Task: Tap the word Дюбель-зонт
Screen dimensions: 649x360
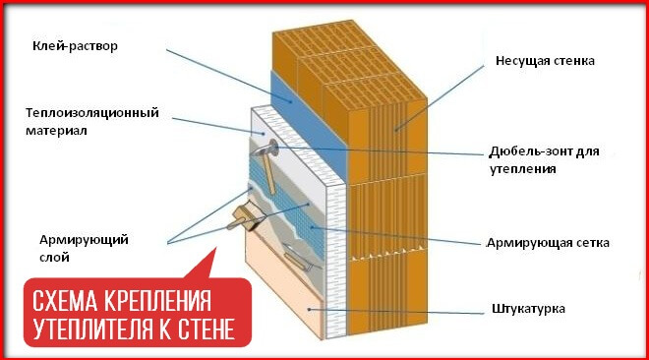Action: (526, 152)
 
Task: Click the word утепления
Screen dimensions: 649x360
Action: (523, 168)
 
